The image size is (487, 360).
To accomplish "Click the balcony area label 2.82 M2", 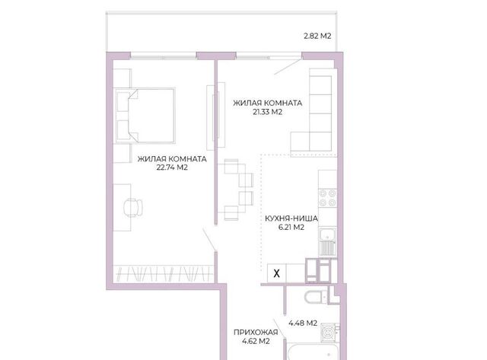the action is point(317,36).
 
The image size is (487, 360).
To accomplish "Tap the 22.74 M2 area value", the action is point(172,167).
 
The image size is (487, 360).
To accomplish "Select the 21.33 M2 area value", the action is point(267,112).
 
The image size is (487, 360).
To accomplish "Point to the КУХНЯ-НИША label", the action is point(291,218).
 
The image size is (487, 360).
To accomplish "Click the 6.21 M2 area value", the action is point(291,228).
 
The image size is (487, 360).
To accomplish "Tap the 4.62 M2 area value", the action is point(256,342).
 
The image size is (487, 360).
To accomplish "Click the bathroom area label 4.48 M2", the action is point(303,323).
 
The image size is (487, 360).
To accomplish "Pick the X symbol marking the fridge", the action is point(276,274).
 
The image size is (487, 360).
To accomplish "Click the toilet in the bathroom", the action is point(316,297).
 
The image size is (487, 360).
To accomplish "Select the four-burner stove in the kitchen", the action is point(328,198).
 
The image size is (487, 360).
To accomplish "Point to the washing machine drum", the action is point(328,333).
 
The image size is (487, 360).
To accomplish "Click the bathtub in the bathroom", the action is point(313,352).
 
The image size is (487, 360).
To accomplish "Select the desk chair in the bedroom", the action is point(133,207).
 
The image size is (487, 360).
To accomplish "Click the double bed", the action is point(145,116).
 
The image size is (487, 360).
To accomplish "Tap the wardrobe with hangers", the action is point(164,273).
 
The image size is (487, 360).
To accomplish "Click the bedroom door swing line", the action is point(209,239).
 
